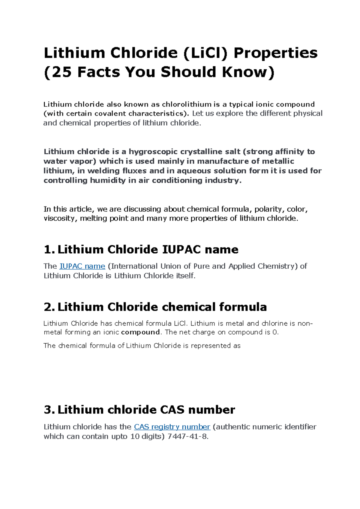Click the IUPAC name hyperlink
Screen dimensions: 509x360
click(82, 266)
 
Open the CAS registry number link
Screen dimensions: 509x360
click(172, 427)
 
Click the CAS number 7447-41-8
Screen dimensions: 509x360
click(187, 436)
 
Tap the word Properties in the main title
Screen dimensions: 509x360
click(275, 53)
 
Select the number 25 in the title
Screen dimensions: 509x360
click(62, 72)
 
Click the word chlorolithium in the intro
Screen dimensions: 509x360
click(187, 104)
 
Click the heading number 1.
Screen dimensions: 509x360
click(49, 250)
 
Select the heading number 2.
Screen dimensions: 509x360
click(49, 307)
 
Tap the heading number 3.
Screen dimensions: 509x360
click(49, 410)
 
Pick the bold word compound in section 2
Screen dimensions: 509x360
click(140, 332)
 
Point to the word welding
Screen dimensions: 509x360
click(103, 171)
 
